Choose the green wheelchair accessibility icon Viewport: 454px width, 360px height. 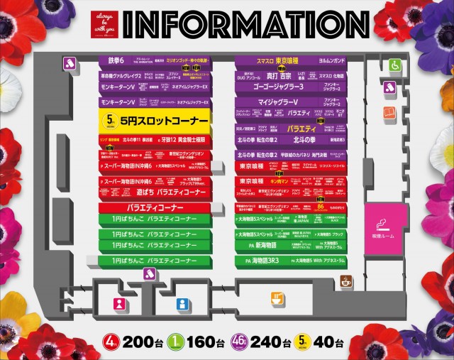click(x=396, y=65)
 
